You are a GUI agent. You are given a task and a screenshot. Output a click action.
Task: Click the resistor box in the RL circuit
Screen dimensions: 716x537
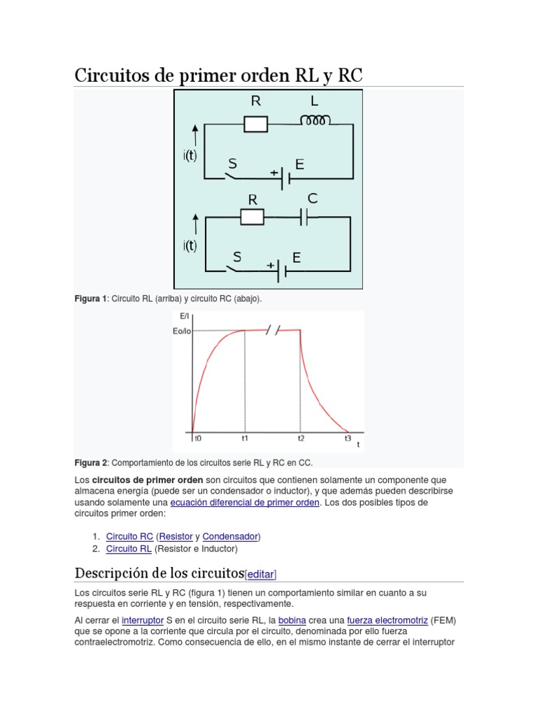click(255, 124)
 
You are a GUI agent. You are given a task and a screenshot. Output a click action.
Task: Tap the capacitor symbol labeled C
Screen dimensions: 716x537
click(308, 217)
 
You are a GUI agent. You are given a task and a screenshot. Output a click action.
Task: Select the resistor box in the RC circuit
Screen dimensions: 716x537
click(252, 217)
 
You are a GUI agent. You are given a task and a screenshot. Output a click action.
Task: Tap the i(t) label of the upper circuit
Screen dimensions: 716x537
click(190, 157)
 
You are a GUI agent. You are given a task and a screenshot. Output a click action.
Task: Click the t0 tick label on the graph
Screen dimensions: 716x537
click(198, 438)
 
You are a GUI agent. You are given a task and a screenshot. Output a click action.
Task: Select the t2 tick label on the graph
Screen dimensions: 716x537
click(301, 438)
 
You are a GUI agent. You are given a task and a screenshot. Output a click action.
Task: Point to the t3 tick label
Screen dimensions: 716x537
click(348, 438)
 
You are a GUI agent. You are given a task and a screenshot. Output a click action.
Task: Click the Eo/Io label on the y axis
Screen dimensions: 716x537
click(181, 331)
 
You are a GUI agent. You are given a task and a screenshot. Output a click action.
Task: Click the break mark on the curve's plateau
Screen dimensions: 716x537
click(273, 330)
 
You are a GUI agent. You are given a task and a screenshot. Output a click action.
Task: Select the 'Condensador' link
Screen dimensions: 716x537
click(230, 536)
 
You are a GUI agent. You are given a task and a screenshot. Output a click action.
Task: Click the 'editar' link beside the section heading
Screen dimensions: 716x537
click(262, 574)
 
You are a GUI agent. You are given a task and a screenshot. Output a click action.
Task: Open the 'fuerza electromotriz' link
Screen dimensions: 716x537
click(387, 620)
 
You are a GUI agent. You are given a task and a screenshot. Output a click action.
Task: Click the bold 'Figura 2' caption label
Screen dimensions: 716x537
click(91, 462)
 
